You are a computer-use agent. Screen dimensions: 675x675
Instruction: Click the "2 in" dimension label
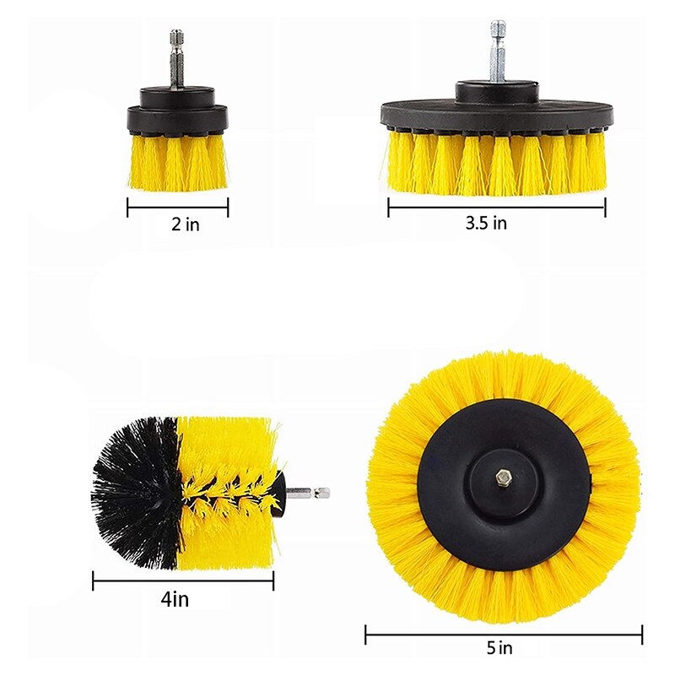pos(186,224)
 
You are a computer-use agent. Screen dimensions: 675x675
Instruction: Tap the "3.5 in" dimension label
pos(486,223)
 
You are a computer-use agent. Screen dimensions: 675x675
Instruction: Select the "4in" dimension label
pos(175,599)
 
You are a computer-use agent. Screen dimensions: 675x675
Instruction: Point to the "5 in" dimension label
pos(499,647)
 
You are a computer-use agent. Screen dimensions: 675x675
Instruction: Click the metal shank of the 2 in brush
pos(176,59)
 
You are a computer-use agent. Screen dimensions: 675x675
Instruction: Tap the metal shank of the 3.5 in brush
pos(498,51)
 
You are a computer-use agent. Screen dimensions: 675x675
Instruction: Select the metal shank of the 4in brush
pos(308,493)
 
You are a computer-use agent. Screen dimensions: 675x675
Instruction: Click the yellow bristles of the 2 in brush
pos(178,162)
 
